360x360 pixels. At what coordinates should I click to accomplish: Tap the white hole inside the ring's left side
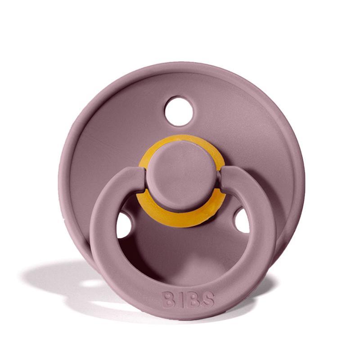(x=124, y=225)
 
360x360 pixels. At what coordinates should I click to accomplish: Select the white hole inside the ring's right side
(x=242, y=220)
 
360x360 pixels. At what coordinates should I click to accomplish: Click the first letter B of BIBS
(x=168, y=299)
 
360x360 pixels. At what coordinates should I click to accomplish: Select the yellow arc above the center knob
(x=182, y=140)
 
